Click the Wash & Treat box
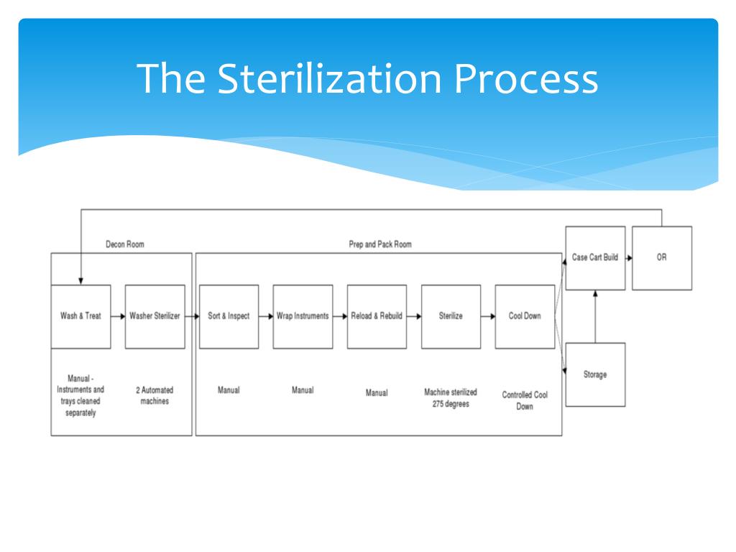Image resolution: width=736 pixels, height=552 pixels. tap(80, 317)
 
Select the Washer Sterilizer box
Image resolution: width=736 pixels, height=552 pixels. tap(155, 317)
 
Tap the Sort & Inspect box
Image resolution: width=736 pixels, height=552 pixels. tap(229, 317)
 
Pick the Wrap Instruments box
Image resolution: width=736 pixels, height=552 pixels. tap(303, 317)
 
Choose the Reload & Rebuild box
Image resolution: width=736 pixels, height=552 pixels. tap(377, 317)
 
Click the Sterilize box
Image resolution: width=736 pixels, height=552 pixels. tap(451, 317)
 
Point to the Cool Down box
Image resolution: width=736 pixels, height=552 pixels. tap(525, 317)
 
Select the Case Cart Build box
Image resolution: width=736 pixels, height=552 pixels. tap(595, 258)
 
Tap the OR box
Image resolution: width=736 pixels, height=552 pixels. tap(662, 258)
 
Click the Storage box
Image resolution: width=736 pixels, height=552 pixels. tap(595, 374)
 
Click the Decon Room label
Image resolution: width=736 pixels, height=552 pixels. tap(125, 244)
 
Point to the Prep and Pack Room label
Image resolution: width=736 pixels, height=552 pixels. tap(380, 244)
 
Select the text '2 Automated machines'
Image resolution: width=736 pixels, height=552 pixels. tap(155, 396)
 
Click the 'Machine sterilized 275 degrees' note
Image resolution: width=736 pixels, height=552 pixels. tap(451, 398)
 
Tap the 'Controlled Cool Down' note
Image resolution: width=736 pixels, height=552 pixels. tap(525, 401)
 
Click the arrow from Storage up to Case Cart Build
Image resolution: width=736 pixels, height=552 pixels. tap(595, 316)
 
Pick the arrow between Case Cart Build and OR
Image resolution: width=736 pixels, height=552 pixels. tap(629, 258)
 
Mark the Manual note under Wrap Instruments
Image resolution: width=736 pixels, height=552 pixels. tap(303, 390)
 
